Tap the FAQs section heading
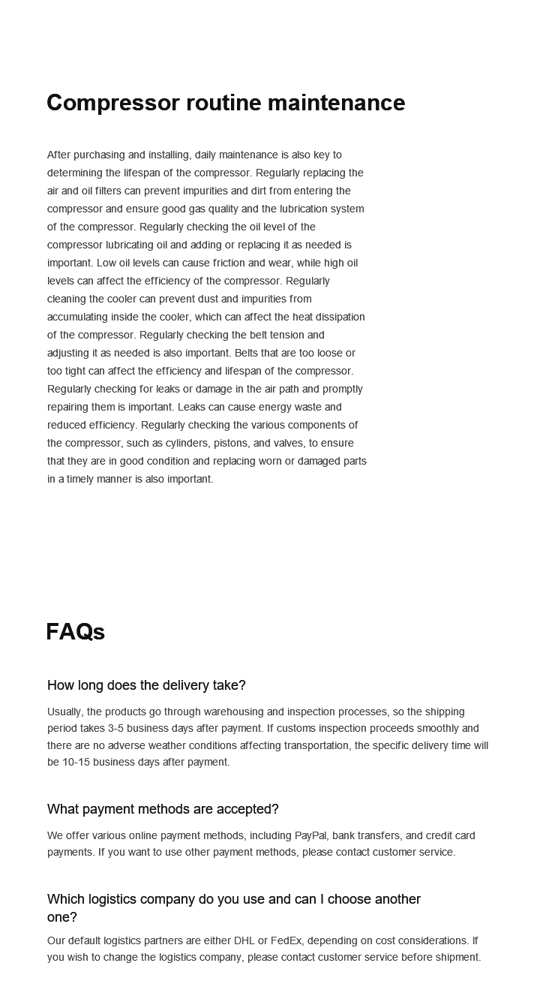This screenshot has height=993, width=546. click(x=75, y=632)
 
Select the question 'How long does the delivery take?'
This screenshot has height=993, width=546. click(x=146, y=685)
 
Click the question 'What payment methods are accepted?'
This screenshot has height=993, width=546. click(x=163, y=809)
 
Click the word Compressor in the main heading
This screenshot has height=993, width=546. click(x=112, y=103)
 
